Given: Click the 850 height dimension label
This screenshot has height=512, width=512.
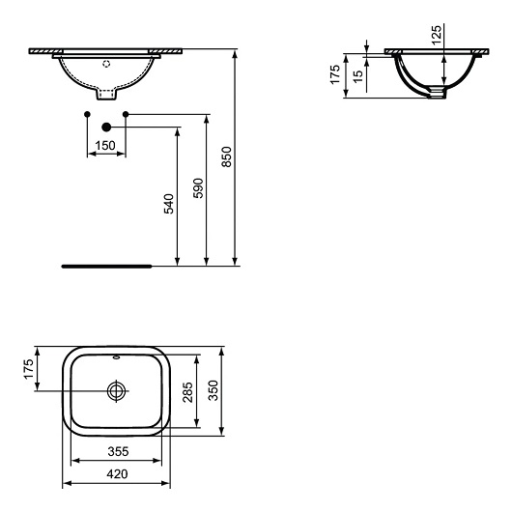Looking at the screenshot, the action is [x=226, y=157].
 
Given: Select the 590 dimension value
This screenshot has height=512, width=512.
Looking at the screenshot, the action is [x=198, y=188].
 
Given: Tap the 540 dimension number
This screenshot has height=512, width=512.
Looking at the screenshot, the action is [x=169, y=204].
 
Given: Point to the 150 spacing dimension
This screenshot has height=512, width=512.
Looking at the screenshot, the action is [x=106, y=145].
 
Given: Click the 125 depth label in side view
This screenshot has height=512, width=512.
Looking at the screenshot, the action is [x=437, y=35].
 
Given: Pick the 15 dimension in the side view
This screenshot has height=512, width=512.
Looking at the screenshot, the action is [x=358, y=75].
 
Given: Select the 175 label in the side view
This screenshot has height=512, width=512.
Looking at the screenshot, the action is [x=335, y=74].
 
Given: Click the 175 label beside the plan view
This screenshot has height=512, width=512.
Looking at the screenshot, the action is [x=29, y=369].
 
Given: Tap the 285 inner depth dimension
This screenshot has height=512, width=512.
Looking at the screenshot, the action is [x=187, y=392].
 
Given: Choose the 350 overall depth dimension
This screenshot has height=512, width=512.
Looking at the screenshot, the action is [x=213, y=390].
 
